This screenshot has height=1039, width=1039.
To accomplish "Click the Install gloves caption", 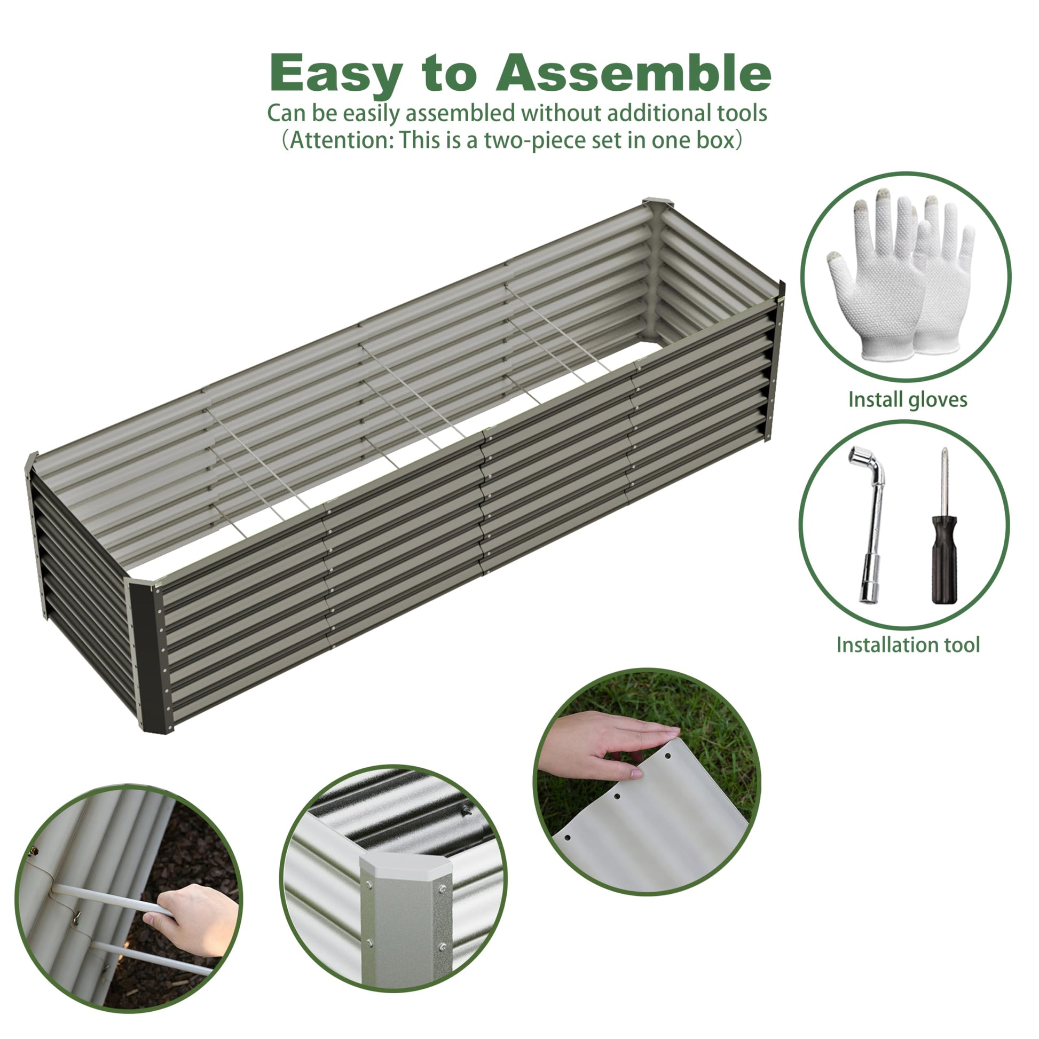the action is (908, 399).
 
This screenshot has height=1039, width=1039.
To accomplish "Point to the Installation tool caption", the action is (908, 644).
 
